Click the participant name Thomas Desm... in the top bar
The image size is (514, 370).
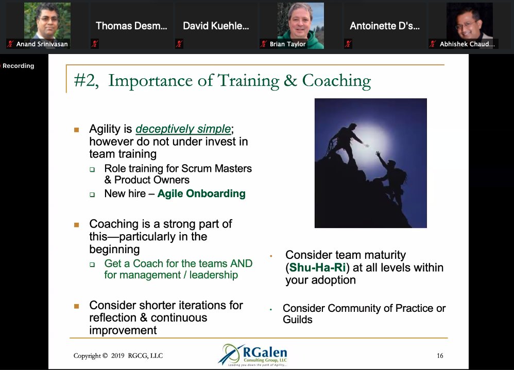(x=131, y=26)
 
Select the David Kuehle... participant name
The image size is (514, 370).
(x=216, y=26)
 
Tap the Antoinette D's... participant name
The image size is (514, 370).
(x=384, y=26)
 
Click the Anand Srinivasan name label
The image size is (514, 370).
(x=42, y=44)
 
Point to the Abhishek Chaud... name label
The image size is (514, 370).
(x=467, y=44)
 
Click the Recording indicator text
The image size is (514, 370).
(x=18, y=66)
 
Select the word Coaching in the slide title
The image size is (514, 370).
(x=336, y=81)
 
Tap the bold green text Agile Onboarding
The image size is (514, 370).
(x=201, y=194)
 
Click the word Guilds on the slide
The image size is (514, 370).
(x=297, y=320)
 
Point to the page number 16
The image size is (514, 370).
(x=439, y=356)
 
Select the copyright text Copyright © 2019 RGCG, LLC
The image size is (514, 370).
(x=118, y=356)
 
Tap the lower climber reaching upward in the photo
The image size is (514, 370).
(x=391, y=180)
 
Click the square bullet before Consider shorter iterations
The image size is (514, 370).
(x=77, y=306)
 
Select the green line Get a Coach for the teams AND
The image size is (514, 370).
(x=178, y=263)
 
